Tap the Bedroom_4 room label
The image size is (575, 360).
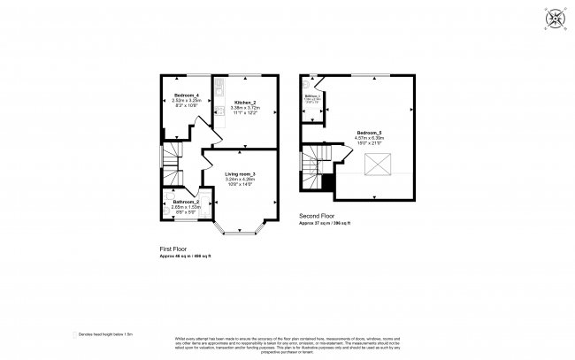(185, 94)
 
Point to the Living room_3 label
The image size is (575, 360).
(240, 173)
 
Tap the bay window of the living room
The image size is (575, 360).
(240, 232)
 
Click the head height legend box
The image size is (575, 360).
(74, 334)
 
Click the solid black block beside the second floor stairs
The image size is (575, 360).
(328, 182)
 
